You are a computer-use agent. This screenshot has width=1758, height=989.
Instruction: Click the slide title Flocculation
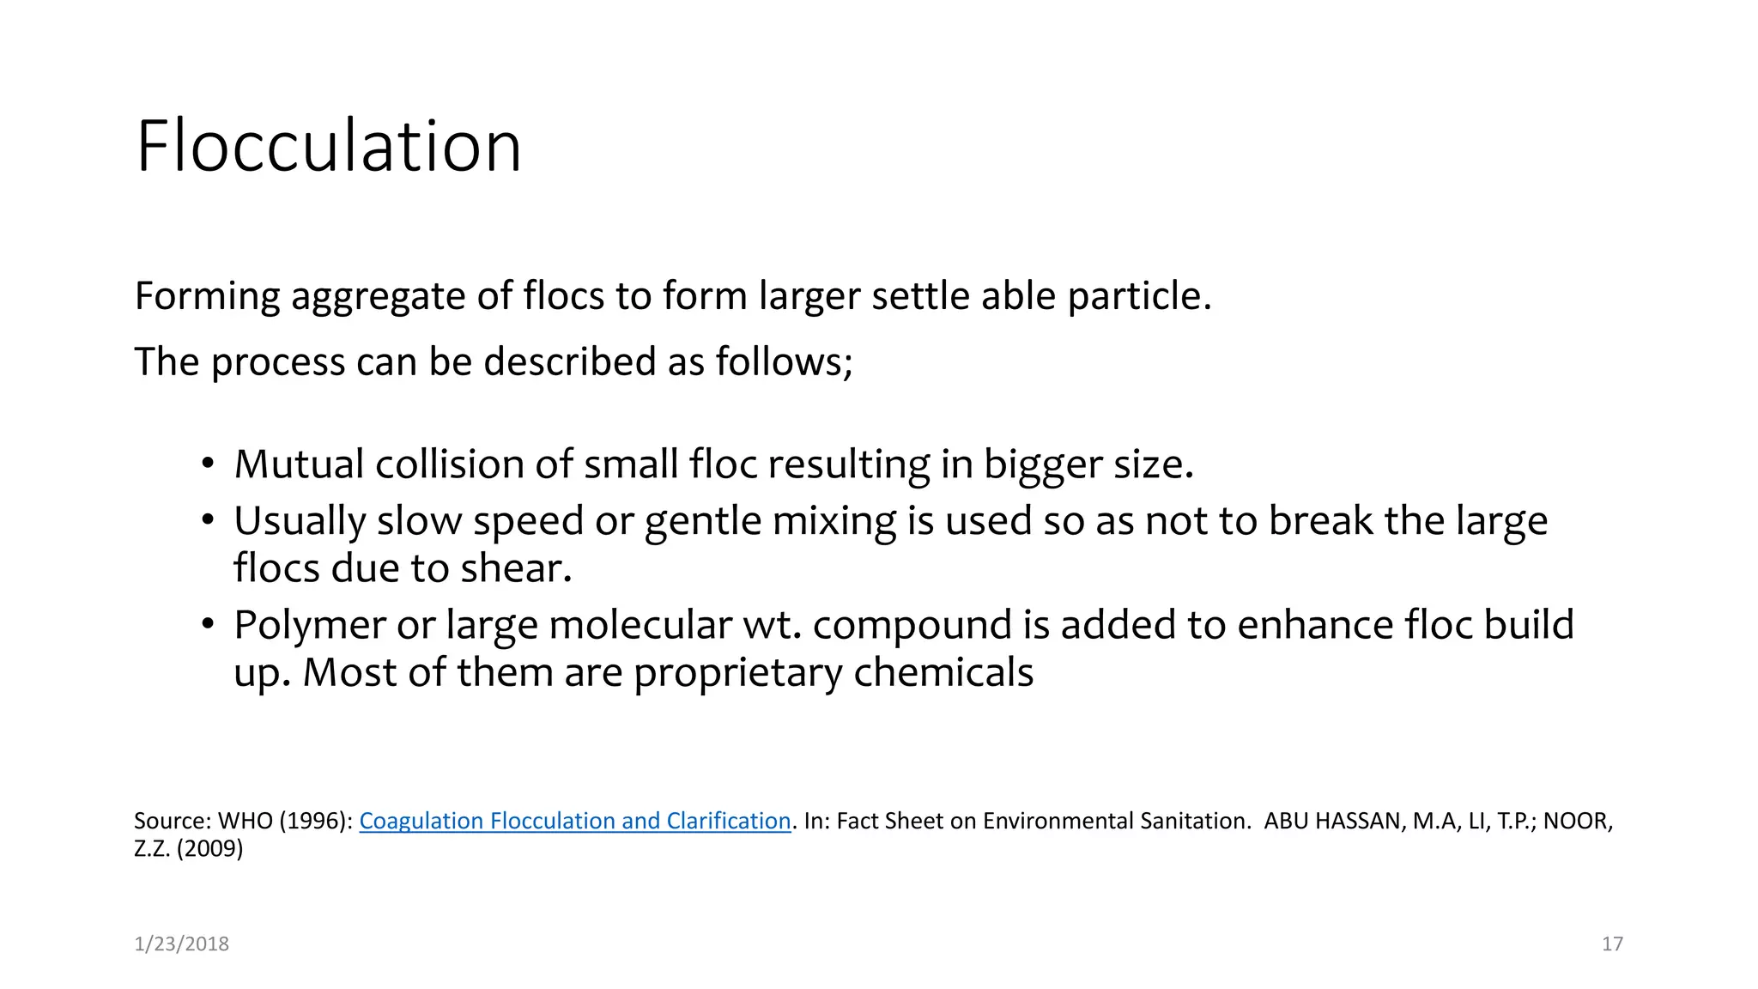click(x=329, y=147)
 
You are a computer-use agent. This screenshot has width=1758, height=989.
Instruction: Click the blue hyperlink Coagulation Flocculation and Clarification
click(x=574, y=821)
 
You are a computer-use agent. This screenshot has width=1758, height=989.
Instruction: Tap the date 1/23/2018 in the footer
click(x=181, y=943)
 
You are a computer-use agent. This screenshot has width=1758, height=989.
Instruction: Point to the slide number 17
click(x=1612, y=943)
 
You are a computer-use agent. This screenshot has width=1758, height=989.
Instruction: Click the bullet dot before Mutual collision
click(x=207, y=464)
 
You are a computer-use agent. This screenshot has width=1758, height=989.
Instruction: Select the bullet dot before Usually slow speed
click(x=207, y=520)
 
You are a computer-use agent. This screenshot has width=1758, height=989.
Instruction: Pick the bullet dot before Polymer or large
click(x=207, y=624)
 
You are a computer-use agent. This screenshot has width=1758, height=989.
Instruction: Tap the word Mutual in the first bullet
click(x=299, y=464)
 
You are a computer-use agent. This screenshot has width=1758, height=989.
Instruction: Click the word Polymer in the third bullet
click(x=309, y=625)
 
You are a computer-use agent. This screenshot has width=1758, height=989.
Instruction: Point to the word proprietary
click(x=737, y=673)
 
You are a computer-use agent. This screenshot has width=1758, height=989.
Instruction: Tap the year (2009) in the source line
click(x=210, y=849)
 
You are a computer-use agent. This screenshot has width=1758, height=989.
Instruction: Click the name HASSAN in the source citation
click(x=1359, y=821)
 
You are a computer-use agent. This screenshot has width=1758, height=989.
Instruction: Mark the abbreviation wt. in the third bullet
click(x=772, y=625)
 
